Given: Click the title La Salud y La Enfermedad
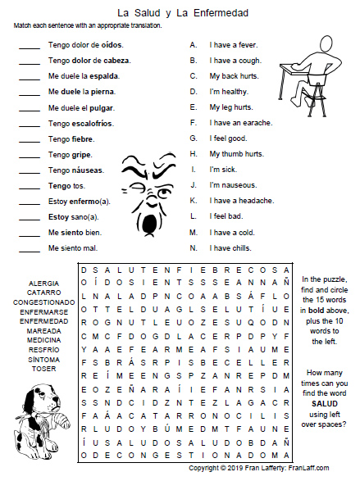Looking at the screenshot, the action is tap(182, 13).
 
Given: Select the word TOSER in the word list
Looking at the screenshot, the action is tap(43, 369).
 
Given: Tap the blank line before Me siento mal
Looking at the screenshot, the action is tap(29, 247).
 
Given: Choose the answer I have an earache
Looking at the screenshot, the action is tap(241, 122).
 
